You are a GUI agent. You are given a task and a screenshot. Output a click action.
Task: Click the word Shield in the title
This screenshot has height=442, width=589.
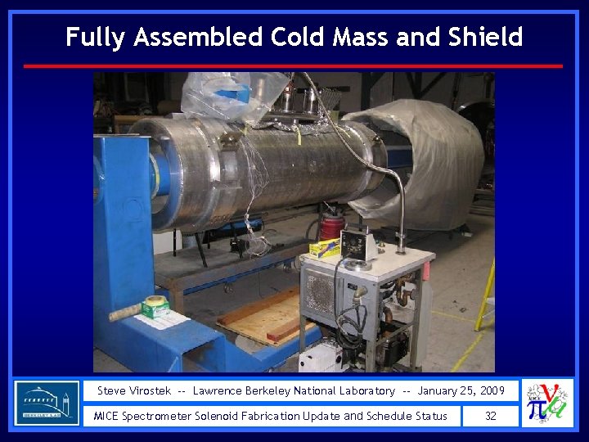click(485, 37)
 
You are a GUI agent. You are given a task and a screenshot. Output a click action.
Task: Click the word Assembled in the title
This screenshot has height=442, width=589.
click(196, 37)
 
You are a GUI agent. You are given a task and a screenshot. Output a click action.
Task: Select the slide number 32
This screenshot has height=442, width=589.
click(490, 416)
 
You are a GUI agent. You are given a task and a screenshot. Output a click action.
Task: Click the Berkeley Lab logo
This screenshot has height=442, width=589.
click(47, 402)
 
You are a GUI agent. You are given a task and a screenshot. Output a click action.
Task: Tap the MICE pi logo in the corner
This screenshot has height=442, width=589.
click(547, 403)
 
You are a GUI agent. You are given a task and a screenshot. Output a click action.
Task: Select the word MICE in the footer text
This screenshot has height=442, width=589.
click(106, 416)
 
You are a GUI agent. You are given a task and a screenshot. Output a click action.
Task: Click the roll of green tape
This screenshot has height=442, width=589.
click(155, 306)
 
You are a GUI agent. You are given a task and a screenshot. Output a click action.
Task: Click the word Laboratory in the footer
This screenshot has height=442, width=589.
click(366, 390)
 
